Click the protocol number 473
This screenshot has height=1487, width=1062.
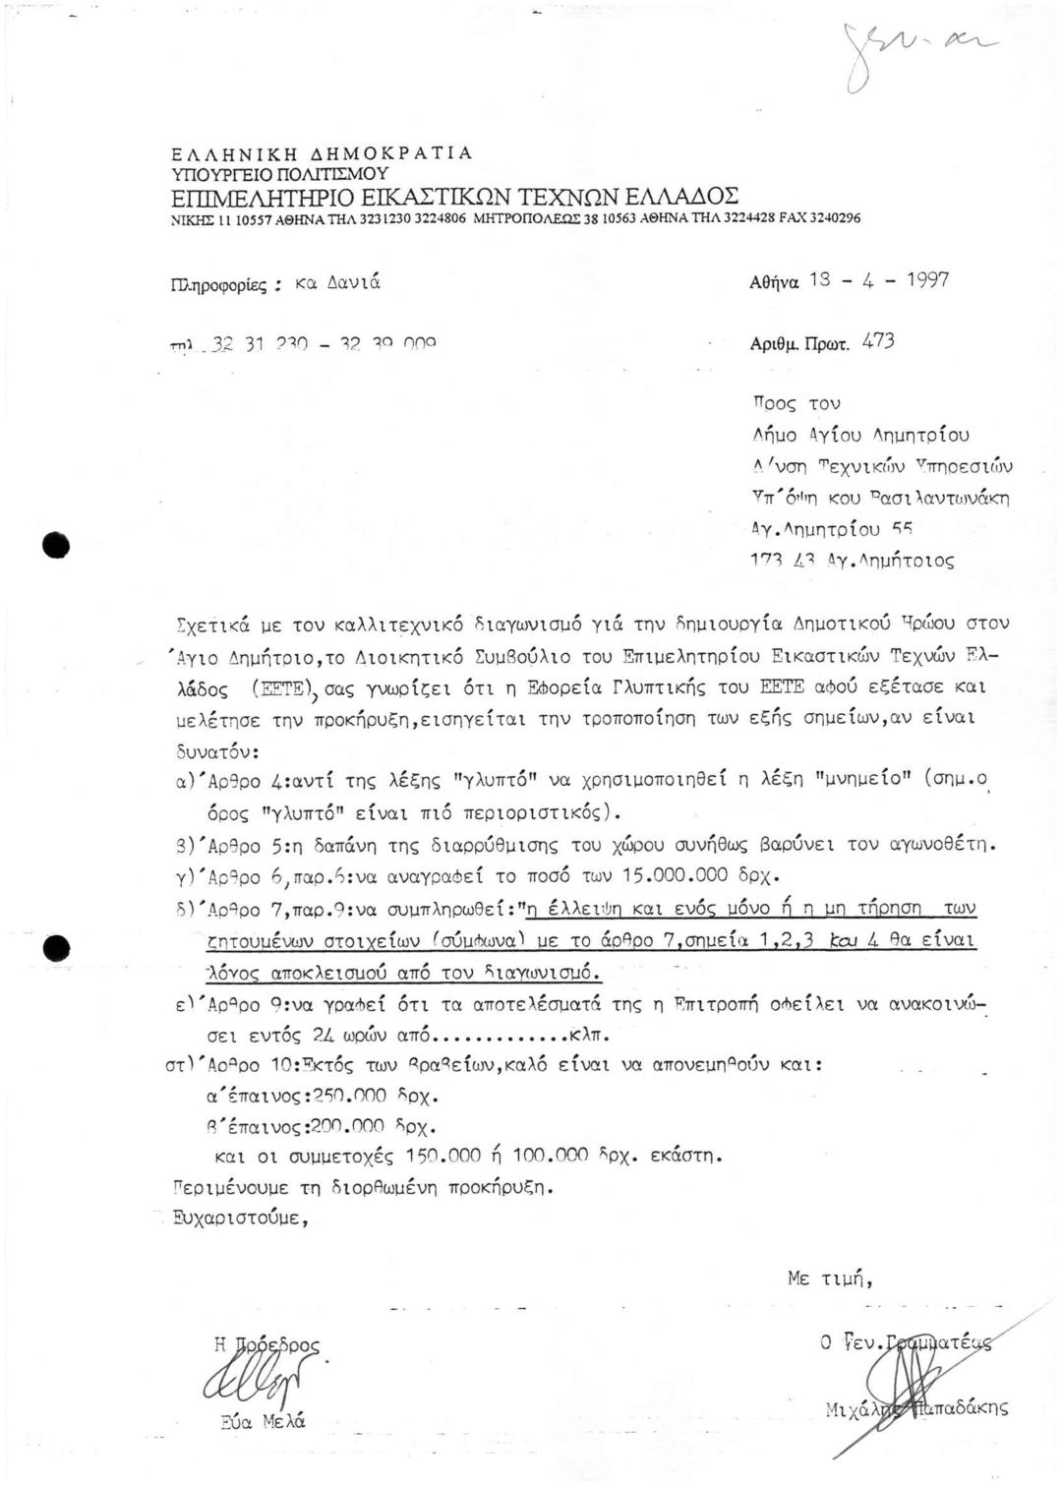878,343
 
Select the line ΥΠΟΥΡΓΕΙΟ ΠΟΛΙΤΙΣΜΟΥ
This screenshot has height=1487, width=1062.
280,173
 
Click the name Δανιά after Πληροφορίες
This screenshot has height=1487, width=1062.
353,283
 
